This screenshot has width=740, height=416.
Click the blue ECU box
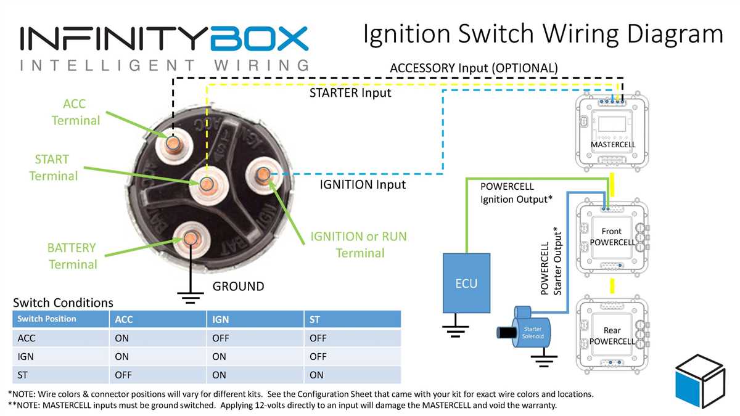(466, 283)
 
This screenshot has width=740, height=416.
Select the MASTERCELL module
(612, 133)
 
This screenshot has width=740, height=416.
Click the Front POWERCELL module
(612, 237)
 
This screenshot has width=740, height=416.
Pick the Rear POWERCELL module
(612, 336)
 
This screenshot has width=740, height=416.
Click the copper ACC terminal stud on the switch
(173, 142)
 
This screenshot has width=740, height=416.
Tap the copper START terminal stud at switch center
(206, 184)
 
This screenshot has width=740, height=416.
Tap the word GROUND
(238, 287)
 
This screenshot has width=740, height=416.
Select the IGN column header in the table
(221, 319)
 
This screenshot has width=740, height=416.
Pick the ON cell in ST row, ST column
(316, 375)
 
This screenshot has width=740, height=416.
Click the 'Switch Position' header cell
(47, 319)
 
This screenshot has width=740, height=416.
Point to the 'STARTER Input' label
(350, 93)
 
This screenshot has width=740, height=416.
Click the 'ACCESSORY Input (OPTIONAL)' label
(474, 67)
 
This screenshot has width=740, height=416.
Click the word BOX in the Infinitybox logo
(259, 38)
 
